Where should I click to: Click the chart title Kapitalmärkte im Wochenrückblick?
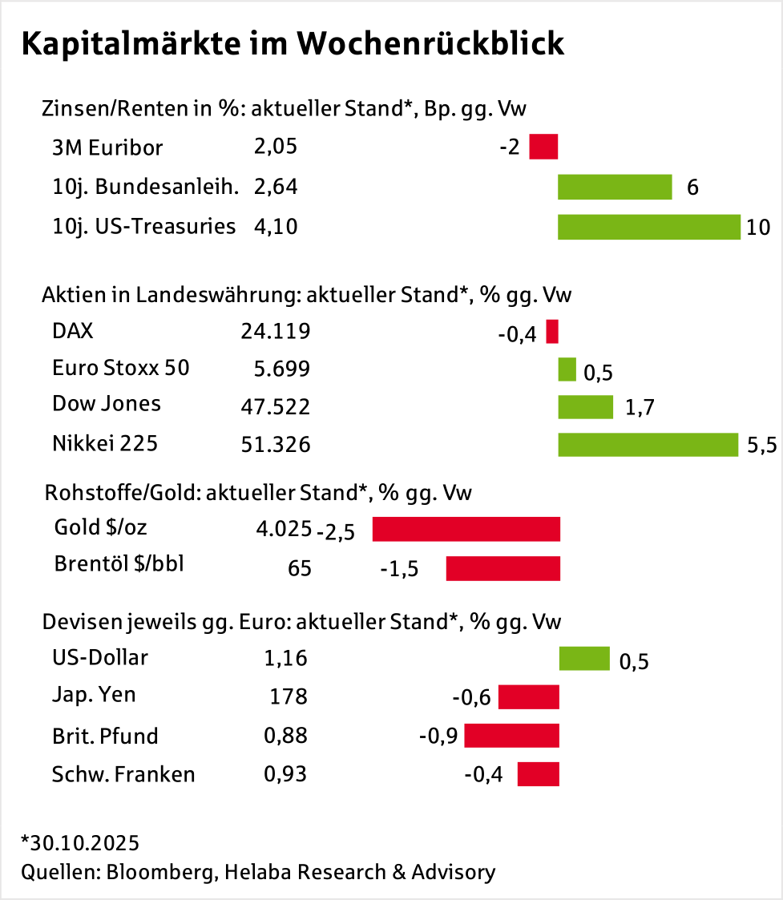pyautogui.click(x=293, y=44)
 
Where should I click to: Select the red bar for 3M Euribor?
pyautogui.click(x=543, y=147)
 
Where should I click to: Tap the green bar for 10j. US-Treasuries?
pyautogui.click(x=648, y=227)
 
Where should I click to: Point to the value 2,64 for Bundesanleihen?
pyautogui.click(x=275, y=187)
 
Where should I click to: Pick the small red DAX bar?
pyautogui.click(x=552, y=331)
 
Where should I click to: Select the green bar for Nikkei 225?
pyautogui.click(x=648, y=444)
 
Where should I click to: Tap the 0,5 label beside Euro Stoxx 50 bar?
pyautogui.click(x=598, y=373)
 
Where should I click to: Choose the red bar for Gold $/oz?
pyautogui.click(x=466, y=529)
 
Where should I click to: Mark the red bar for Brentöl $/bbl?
pyautogui.click(x=502, y=568)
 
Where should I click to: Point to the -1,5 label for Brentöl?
pyautogui.click(x=399, y=569)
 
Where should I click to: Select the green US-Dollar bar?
pyautogui.click(x=584, y=659)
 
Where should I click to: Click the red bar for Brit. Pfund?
pyautogui.click(x=511, y=736)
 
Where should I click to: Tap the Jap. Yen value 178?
pyautogui.click(x=289, y=696)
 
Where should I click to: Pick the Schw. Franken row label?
pyautogui.click(x=123, y=774)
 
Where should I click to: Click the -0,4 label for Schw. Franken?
pyautogui.click(x=483, y=775)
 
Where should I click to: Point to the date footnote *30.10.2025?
pyautogui.click(x=80, y=843)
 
